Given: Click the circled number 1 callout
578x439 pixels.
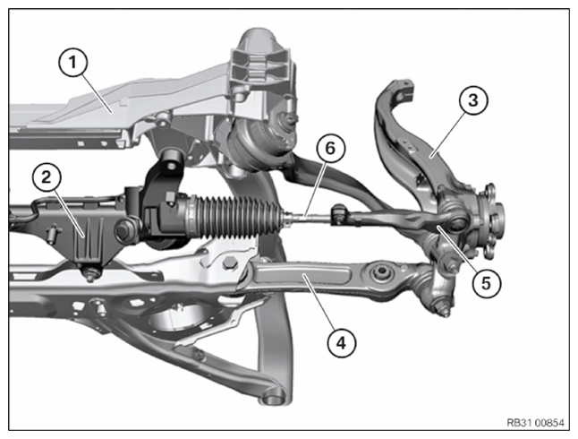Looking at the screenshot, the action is click(x=73, y=63).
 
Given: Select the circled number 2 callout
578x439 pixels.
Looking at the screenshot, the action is click(x=47, y=177).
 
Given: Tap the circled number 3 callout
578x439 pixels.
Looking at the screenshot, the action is click(x=473, y=100).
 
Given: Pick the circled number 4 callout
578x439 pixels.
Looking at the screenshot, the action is click(x=342, y=343).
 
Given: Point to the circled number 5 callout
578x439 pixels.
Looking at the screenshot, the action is click(x=486, y=283).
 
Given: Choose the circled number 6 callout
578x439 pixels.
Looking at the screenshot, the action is click(x=330, y=148).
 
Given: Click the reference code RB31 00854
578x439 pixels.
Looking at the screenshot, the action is click(x=535, y=422).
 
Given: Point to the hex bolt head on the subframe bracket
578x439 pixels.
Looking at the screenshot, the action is click(x=229, y=263).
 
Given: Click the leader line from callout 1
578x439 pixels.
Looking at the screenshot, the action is click(x=98, y=92).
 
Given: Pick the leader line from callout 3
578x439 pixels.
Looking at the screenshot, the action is click(x=446, y=134).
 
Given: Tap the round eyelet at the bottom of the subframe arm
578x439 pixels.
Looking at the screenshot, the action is click(x=273, y=397).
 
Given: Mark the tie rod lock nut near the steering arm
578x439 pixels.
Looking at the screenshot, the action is click(x=339, y=214).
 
